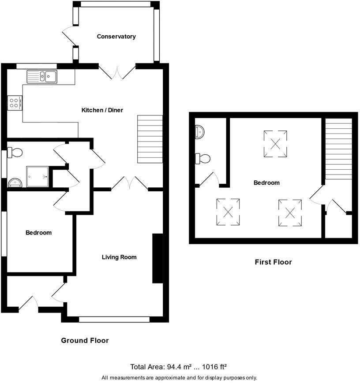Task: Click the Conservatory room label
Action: click(x=116, y=37)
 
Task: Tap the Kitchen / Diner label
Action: click(x=102, y=110)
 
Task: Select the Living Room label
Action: click(x=119, y=257)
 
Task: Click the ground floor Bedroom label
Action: click(x=38, y=233)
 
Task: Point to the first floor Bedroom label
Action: click(x=266, y=182)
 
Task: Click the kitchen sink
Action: click(x=42, y=77)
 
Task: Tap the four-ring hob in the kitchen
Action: click(x=14, y=103)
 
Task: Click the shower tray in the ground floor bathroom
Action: click(x=37, y=176)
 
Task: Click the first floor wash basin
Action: click(x=199, y=131)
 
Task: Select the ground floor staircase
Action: click(x=150, y=139)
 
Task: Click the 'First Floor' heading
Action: click(x=273, y=262)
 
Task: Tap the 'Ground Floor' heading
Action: click(x=84, y=340)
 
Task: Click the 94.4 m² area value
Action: click(x=176, y=367)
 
